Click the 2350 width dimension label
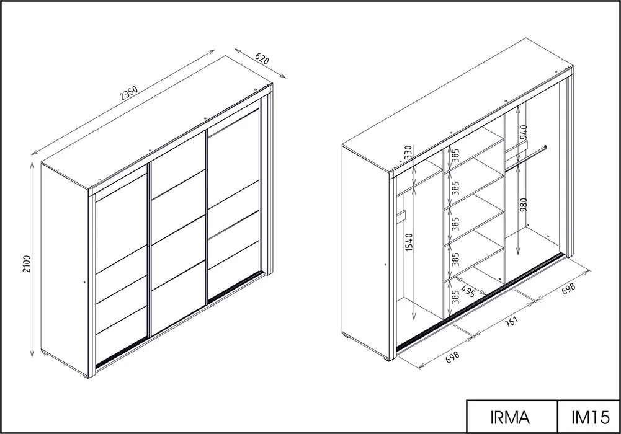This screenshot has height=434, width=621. coord(128,94)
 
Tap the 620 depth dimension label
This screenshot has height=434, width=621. coord(262,58)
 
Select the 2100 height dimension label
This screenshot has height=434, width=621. coord(27,264)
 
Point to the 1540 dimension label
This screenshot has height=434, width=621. coord(409,242)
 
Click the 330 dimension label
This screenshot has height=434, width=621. coord(409,152)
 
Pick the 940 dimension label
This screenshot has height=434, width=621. coord(524,132)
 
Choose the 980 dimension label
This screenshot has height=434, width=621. coord(524,205)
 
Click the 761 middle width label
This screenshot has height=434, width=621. coord(511,321)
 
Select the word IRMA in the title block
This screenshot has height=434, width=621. coord(510,417)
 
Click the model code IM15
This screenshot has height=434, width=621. coord(590,417)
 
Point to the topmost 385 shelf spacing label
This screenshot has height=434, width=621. coord(455,156)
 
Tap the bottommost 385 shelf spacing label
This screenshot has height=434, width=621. coord(455,297)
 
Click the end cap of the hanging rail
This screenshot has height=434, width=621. coord(546,148)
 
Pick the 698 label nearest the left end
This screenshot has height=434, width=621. coord(453,357)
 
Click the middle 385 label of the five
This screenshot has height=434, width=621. coord(455,224)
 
